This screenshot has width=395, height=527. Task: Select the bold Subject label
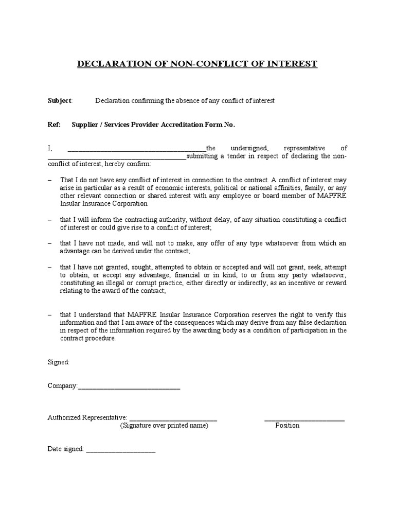(60, 101)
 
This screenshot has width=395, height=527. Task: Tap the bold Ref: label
(53, 125)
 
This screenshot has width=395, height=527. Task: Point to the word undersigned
(249, 148)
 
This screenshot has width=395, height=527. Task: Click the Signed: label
(58, 362)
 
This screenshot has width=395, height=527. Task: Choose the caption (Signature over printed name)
(164, 426)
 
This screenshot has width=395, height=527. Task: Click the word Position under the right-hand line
(287, 426)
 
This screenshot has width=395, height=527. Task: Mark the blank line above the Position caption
(304, 420)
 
